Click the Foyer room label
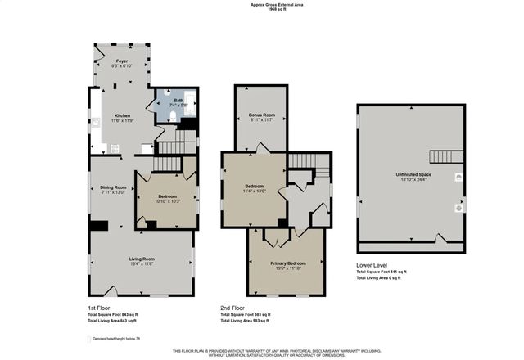121,61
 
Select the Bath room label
178,101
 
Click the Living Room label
142,259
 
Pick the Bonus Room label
261,115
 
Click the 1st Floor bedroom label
167,196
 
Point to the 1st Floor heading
100,308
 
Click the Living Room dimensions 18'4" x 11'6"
142,264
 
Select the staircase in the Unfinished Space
447,156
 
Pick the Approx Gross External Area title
262,4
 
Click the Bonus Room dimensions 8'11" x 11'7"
261,120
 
